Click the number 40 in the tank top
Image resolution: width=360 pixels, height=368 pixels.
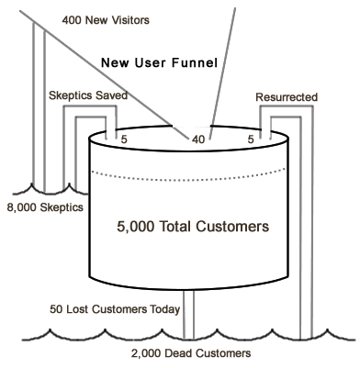(x=198, y=139)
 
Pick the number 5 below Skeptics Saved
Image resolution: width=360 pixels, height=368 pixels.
(x=125, y=139)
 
